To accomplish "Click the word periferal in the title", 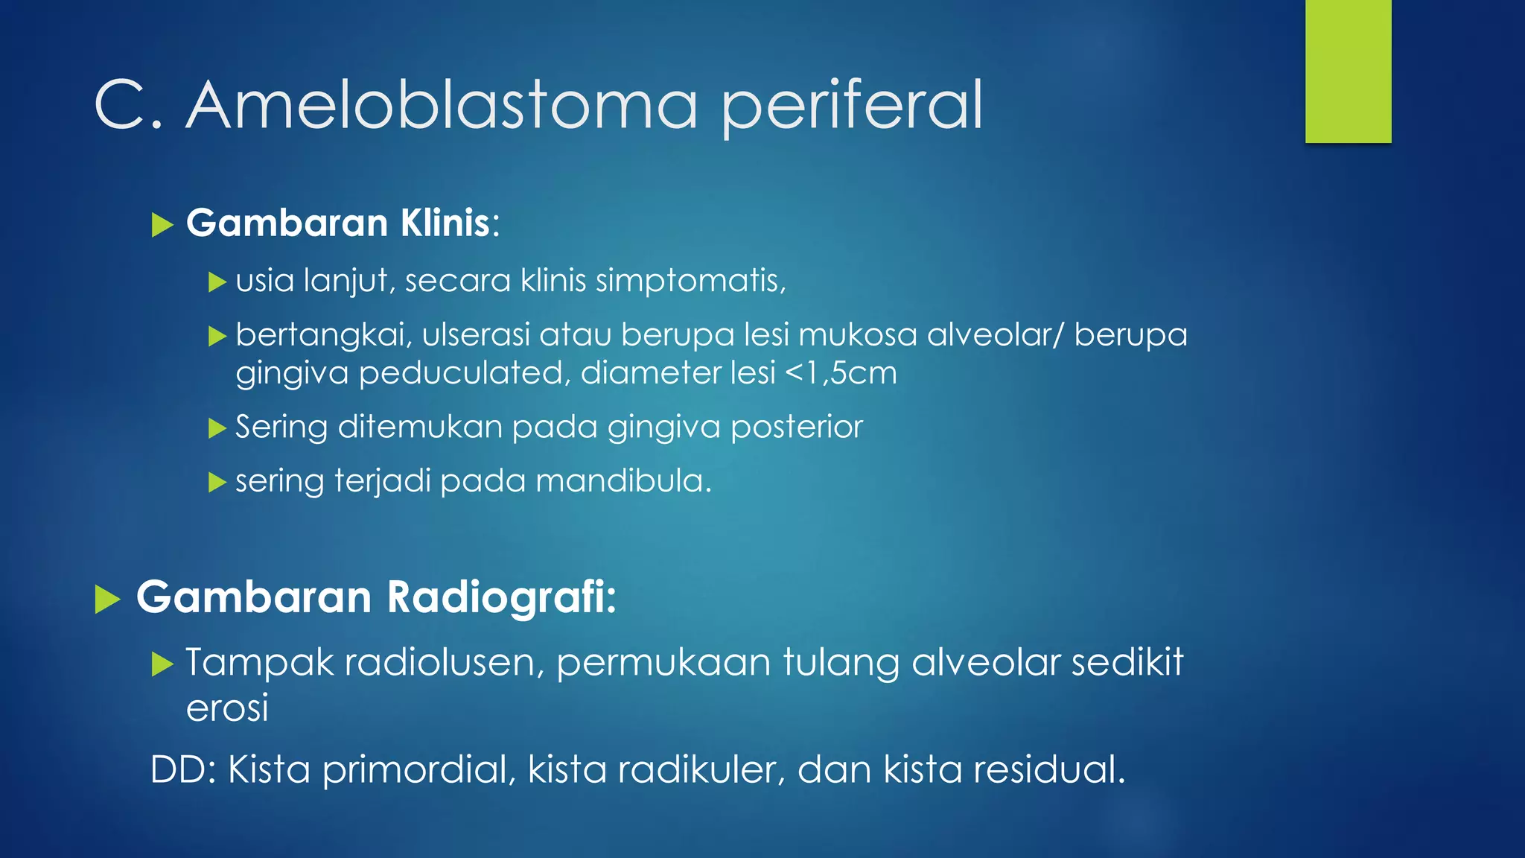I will pos(853,106).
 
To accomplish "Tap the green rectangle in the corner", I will pos(1348,71).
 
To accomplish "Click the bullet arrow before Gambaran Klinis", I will pos(162,224).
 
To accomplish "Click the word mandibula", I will pos(623,481).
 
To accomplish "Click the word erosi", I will pos(226,708).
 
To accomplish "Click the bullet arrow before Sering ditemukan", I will pos(217,428).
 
